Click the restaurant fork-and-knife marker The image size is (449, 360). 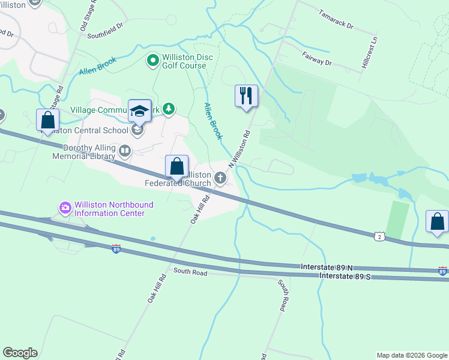pos(246,96)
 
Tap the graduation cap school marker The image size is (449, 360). pos(139,111)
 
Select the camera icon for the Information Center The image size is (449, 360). pos(65,208)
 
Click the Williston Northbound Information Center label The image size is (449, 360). pos(113,209)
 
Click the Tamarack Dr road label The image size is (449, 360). pos(336,20)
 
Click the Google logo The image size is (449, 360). pos(20,353)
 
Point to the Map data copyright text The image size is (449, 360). pos(412,355)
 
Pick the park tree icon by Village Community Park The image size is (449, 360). pos(170,109)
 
